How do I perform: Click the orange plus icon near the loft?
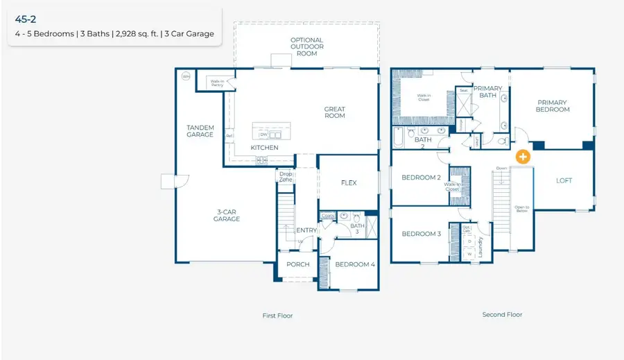click(x=523, y=157)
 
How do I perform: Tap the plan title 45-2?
click(x=26, y=19)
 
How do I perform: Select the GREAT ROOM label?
click(x=334, y=112)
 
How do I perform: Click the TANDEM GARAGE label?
click(x=200, y=131)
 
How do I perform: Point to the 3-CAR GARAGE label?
click(x=226, y=215)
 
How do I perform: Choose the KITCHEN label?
click(x=264, y=148)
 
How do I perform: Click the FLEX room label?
click(x=348, y=183)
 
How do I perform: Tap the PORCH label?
click(x=298, y=264)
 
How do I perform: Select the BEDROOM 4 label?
click(x=354, y=264)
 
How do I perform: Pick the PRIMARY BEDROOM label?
click(x=553, y=106)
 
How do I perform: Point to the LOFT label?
click(x=564, y=180)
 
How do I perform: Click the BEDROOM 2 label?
click(x=421, y=178)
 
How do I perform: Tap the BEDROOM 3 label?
click(x=421, y=234)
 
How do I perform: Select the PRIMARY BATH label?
click(x=488, y=92)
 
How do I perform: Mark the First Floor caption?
click(x=277, y=316)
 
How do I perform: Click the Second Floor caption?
click(x=502, y=314)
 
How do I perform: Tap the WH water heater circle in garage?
click(x=186, y=76)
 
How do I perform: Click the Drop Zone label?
click(x=286, y=177)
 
